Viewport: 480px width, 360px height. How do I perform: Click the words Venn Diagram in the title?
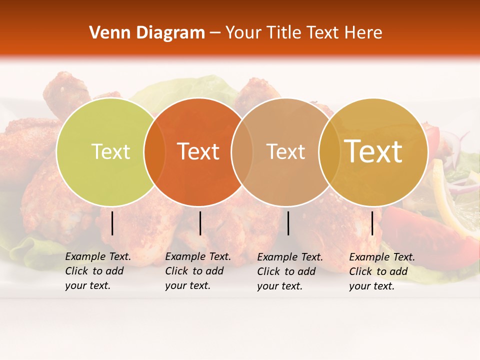[147, 33]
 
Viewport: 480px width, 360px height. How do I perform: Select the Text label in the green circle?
[110, 151]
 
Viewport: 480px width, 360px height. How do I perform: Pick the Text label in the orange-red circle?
[198, 151]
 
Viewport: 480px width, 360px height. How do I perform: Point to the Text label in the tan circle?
[285, 151]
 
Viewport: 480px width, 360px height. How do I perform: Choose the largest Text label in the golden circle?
[373, 151]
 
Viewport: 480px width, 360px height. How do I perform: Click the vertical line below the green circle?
[112, 223]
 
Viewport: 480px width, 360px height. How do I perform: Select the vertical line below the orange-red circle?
[200, 223]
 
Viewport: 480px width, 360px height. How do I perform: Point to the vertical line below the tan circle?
[288, 223]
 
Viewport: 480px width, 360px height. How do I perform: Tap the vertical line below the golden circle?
[372, 223]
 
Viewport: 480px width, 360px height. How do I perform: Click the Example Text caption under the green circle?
[98, 271]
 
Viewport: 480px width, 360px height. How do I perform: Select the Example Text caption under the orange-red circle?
[198, 271]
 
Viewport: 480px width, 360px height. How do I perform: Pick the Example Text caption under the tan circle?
[290, 271]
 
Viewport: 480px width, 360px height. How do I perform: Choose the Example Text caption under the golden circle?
[382, 271]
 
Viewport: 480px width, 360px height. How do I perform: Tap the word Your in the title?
[243, 33]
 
